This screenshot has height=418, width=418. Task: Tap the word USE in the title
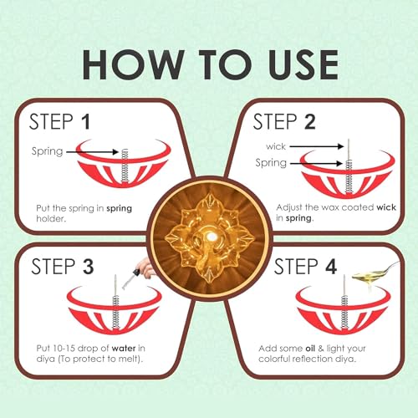(x=303, y=64)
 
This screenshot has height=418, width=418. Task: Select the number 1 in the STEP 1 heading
(x=86, y=122)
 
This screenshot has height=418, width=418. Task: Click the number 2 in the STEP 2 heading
(x=310, y=122)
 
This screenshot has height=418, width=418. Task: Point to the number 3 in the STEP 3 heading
(x=88, y=266)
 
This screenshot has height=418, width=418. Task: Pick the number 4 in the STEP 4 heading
(x=331, y=266)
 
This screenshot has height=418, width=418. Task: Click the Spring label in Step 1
(x=47, y=151)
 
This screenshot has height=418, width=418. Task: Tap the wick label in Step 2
(x=276, y=146)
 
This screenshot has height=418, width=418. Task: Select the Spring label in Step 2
(x=271, y=163)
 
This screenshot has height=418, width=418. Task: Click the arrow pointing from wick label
(x=316, y=146)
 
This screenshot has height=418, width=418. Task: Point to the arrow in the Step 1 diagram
(x=92, y=152)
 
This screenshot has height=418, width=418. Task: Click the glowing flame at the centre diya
(x=211, y=237)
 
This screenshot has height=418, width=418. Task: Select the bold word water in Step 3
(x=124, y=349)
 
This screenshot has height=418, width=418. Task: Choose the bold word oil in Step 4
(x=310, y=349)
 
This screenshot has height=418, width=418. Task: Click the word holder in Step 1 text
(x=51, y=219)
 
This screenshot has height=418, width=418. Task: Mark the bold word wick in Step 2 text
(x=386, y=207)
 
